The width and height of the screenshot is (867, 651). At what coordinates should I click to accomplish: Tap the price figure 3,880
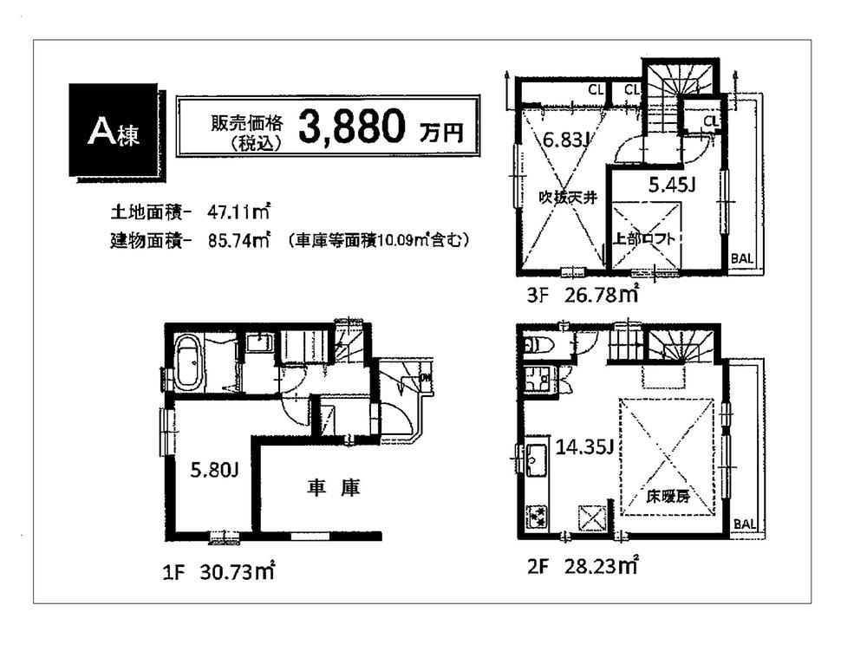point(353,127)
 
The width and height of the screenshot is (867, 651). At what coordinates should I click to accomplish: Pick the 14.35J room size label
point(586,447)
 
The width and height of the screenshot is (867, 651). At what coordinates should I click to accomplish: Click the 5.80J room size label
point(214,471)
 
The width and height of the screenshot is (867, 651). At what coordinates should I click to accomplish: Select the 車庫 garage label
point(333,488)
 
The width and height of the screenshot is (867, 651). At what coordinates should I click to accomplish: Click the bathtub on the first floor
point(189,361)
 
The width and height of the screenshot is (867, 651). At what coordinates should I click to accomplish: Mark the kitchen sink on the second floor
point(533,457)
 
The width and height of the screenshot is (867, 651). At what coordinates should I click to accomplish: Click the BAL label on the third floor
point(742,258)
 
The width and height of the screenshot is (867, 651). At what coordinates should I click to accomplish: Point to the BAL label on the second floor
point(743,524)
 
